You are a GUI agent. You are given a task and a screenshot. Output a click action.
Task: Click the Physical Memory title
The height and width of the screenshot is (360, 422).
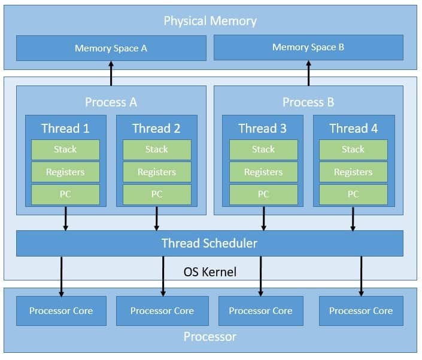point(210,21)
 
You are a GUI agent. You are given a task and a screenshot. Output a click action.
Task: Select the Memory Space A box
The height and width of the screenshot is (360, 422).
point(111,48)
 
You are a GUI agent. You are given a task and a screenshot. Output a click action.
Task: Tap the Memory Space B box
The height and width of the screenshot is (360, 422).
point(308,47)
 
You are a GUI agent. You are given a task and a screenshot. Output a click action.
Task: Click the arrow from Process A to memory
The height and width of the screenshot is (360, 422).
point(111,74)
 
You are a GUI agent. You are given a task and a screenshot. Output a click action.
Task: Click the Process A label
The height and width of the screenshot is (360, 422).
point(111,102)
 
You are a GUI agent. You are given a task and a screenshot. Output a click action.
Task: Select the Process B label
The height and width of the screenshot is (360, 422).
point(308,102)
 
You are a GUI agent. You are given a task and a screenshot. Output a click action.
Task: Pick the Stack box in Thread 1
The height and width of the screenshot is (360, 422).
point(65,150)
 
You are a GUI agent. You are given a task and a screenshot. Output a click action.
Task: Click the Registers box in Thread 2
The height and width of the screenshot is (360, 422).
point(157,172)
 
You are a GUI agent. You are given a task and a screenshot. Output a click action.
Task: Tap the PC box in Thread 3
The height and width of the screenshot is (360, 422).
point(263,194)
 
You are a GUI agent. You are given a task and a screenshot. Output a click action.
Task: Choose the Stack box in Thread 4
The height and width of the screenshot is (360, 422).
point(353,150)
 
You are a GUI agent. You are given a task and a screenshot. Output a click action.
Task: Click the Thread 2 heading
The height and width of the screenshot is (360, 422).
point(156,129)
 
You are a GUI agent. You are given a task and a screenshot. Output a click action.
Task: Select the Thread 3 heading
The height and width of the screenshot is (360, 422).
point(263,129)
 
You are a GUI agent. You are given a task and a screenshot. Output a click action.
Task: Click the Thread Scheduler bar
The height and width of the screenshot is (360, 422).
point(210,243)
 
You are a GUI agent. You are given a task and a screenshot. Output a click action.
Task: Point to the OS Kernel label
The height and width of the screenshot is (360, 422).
point(210,272)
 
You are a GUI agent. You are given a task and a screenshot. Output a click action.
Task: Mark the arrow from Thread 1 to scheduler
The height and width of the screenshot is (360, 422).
point(66,218)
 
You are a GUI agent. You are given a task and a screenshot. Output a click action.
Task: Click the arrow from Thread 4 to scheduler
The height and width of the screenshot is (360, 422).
point(353,218)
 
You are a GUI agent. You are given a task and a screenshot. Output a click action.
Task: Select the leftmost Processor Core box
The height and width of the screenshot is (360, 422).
point(60,311)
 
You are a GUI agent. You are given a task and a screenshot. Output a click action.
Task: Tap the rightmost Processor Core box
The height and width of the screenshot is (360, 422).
point(361,311)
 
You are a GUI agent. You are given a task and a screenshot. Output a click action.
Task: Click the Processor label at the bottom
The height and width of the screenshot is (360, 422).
point(210,337)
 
